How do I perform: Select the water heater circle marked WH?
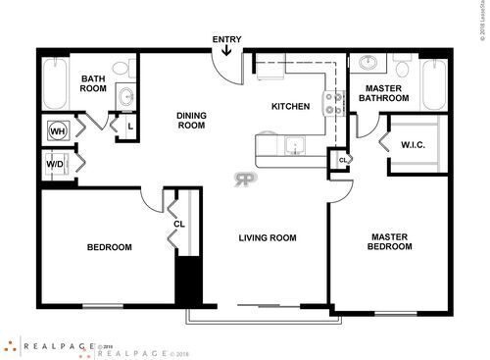57,130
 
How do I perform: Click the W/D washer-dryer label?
56,164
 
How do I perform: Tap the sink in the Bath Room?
125,96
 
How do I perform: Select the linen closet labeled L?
129,126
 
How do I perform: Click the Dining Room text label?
191,120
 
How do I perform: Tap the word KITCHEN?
291,106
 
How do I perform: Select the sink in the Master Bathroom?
369,64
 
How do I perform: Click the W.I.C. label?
413,145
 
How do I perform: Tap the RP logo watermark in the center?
242,179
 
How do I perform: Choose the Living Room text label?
268,237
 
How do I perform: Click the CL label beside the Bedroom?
179,224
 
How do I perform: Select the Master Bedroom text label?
391,241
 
